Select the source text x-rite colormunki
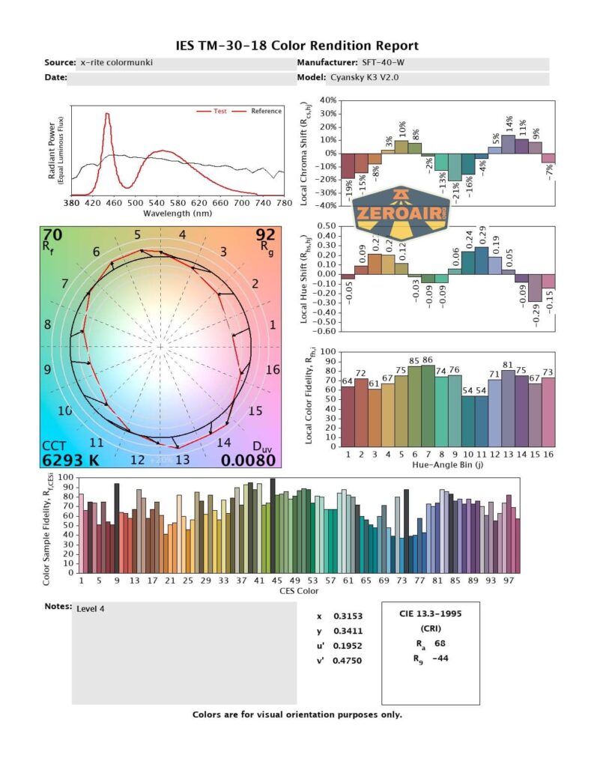pos(116,63)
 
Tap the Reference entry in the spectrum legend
pos(266,112)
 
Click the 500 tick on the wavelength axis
pos(136,203)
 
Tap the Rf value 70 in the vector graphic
pos(53,236)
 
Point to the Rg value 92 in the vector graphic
pos(266,236)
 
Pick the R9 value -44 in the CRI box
pos(441,659)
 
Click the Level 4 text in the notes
pos(91,609)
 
